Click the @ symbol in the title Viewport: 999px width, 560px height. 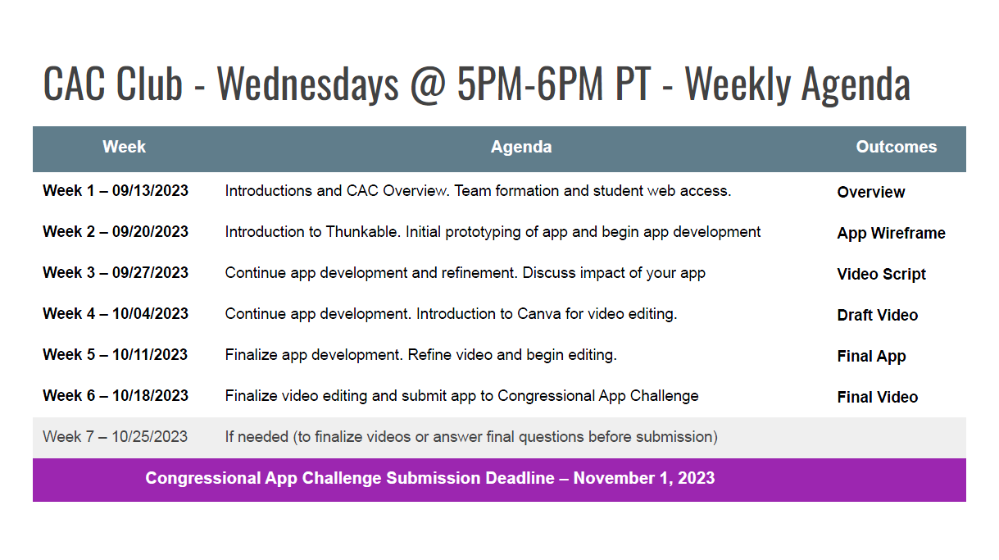(428, 84)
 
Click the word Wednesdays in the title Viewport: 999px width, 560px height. (307, 84)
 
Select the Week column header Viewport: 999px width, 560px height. (124, 147)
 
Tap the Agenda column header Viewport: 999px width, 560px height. (521, 147)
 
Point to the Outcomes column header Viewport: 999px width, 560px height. (897, 147)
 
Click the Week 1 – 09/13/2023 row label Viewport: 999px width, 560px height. (116, 190)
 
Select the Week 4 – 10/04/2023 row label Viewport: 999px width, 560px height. (116, 314)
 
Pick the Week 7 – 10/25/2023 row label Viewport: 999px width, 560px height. (115, 436)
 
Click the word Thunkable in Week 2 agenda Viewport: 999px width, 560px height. (361, 231)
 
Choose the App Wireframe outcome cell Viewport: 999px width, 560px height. (891, 233)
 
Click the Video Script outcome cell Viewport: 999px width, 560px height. (881, 274)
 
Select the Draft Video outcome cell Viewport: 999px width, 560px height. (877, 315)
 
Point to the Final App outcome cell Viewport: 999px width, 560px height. (871, 356)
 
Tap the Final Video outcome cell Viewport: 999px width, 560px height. (877, 397)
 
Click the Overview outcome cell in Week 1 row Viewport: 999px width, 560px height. (871, 192)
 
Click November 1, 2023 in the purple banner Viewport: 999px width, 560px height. (644, 478)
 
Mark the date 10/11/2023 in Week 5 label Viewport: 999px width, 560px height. (150, 355)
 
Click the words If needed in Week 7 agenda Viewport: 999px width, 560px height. (257, 436)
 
